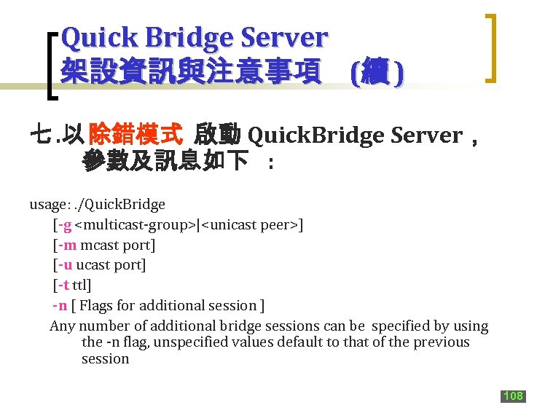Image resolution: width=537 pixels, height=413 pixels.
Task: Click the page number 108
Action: click(x=513, y=396)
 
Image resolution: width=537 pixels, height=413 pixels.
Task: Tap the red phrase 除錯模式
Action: click(x=135, y=135)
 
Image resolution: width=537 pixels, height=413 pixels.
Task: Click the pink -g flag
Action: click(x=65, y=225)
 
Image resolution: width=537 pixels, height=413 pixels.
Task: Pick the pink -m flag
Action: click(x=67, y=245)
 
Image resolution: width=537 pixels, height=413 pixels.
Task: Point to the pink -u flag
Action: click(x=66, y=265)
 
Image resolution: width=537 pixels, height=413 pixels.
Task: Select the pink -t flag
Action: click(x=64, y=286)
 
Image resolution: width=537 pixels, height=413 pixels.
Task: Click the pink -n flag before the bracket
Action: click(x=60, y=306)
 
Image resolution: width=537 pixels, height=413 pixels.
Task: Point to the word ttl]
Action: click(x=82, y=286)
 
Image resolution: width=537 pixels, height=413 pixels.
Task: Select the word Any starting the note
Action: click(x=62, y=326)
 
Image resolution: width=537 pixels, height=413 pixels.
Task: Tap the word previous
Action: click(x=441, y=342)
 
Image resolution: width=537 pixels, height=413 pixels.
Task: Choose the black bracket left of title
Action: click(x=51, y=66)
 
